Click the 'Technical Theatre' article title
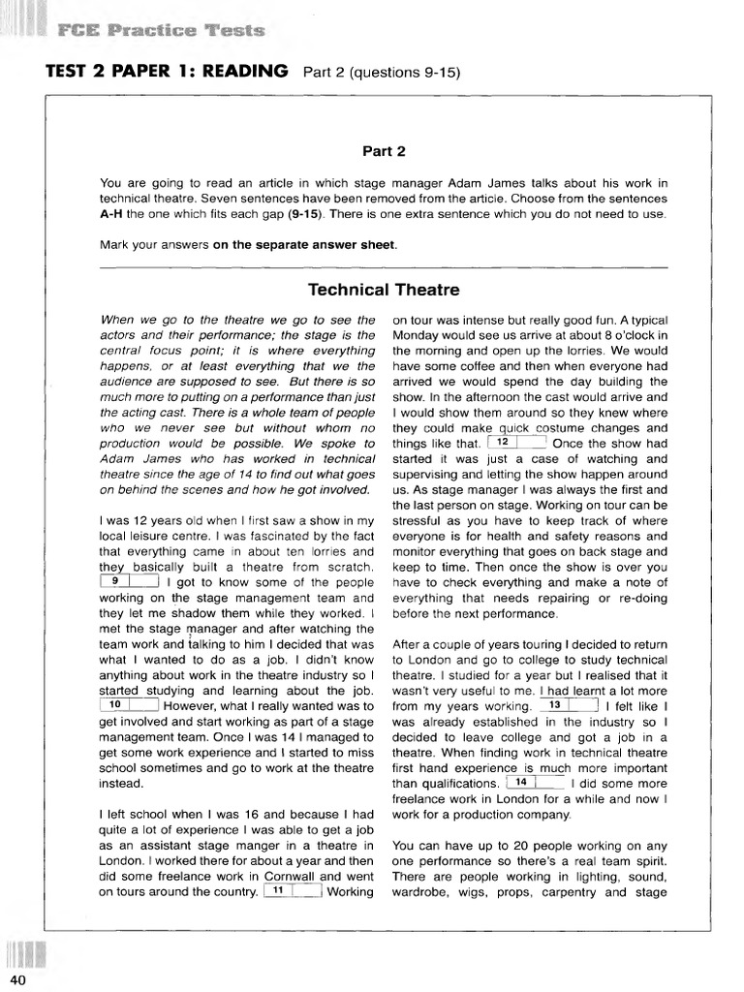(384, 290)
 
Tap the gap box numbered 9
(129, 581)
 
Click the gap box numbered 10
(129, 705)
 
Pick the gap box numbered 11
(292, 891)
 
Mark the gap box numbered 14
(534, 783)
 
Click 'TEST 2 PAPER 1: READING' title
(167, 71)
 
